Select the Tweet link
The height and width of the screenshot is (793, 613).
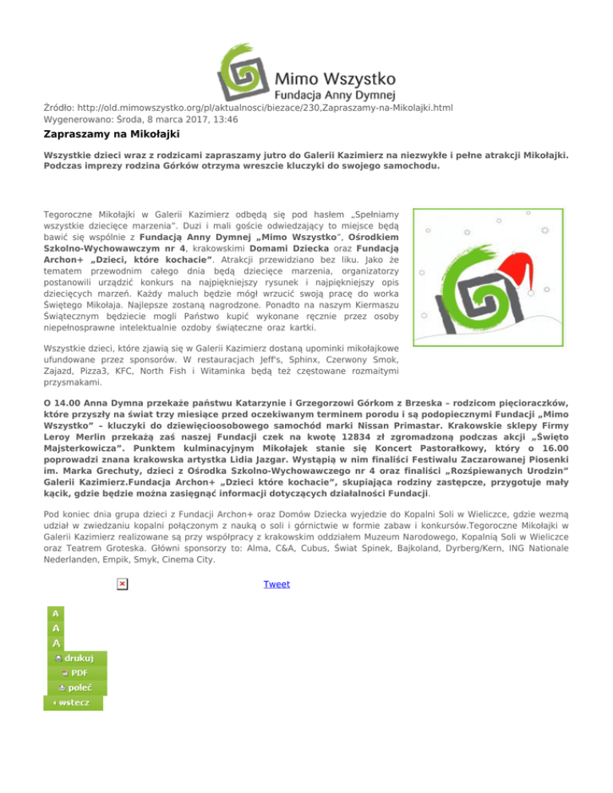coord(276,584)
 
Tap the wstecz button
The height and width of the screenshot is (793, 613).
coord(72,703)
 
